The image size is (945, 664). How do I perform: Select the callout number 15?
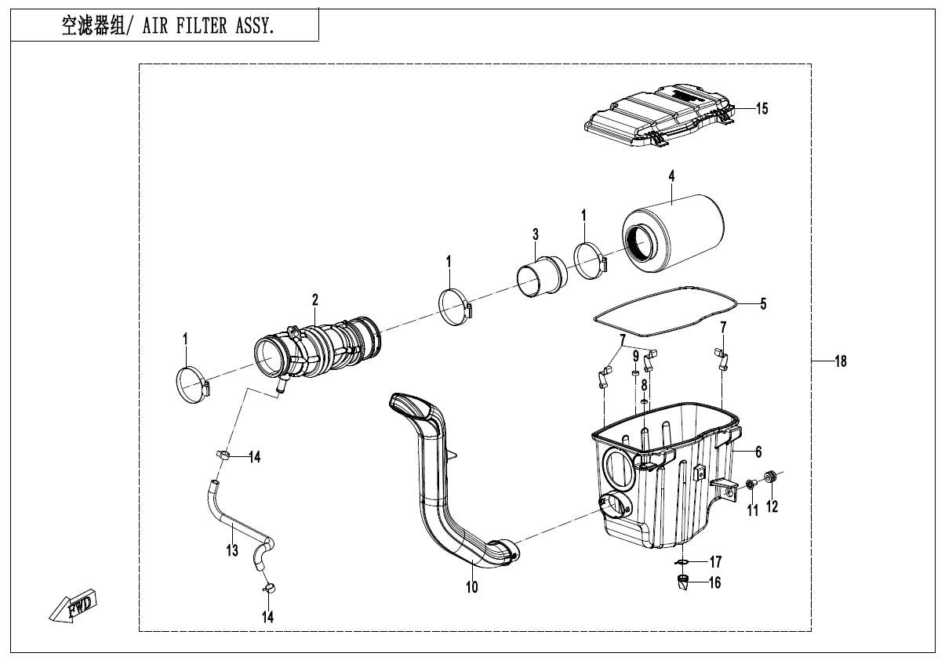(761, 109)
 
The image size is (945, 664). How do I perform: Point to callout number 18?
(841, 361)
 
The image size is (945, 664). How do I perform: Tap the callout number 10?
(471, 586)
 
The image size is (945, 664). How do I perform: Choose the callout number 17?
(715, 562)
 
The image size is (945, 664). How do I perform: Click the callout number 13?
(232, 550)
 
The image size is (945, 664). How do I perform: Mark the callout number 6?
(758, 452)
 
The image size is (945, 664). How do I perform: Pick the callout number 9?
(634, 356)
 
